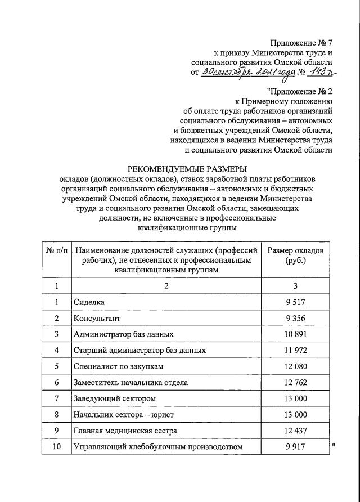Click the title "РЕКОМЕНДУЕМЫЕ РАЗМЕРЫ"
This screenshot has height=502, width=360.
point(187,168)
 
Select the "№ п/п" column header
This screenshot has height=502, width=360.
point(56,250)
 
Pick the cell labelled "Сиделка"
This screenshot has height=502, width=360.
point(89,303)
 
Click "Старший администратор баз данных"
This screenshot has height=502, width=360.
point(139,351)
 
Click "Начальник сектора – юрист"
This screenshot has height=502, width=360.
point(124,415)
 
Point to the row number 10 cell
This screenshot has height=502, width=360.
point(56,447)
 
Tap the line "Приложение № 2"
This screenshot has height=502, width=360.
point(301,92)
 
